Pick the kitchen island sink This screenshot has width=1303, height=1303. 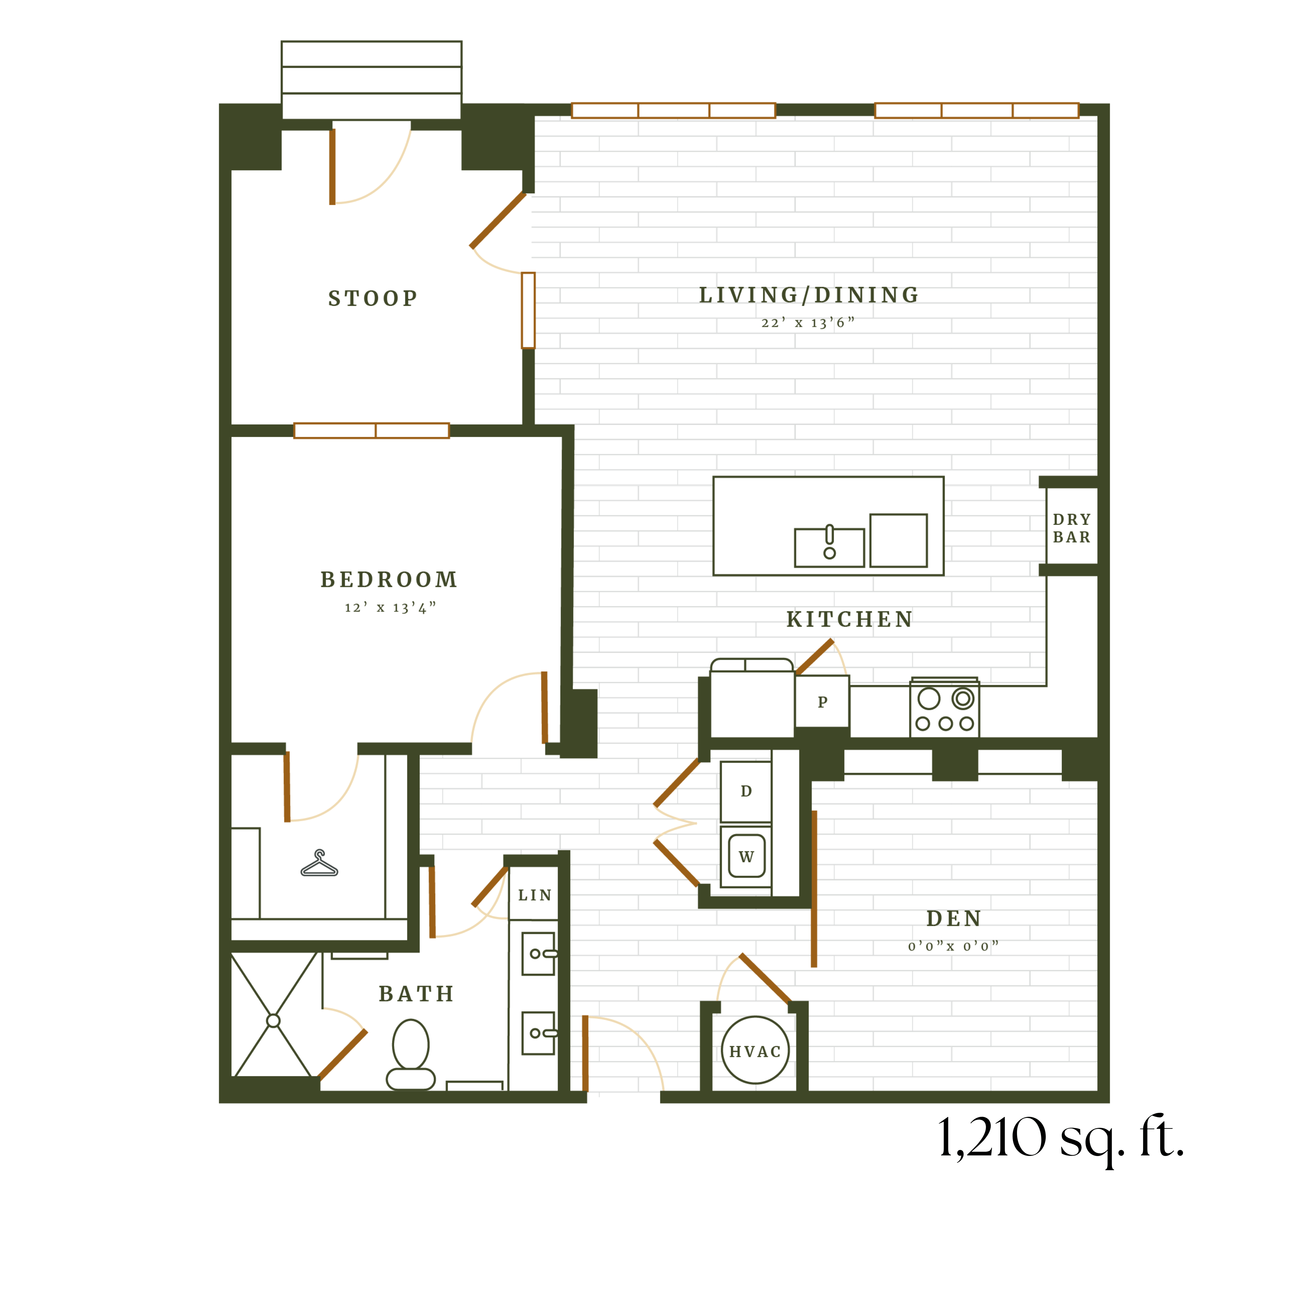(x=829, y=547)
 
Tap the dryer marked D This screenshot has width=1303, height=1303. (x=746, y=791)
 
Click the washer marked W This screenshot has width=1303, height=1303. (x=746, y=856)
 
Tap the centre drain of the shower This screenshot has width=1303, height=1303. (x=273, y=1020)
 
